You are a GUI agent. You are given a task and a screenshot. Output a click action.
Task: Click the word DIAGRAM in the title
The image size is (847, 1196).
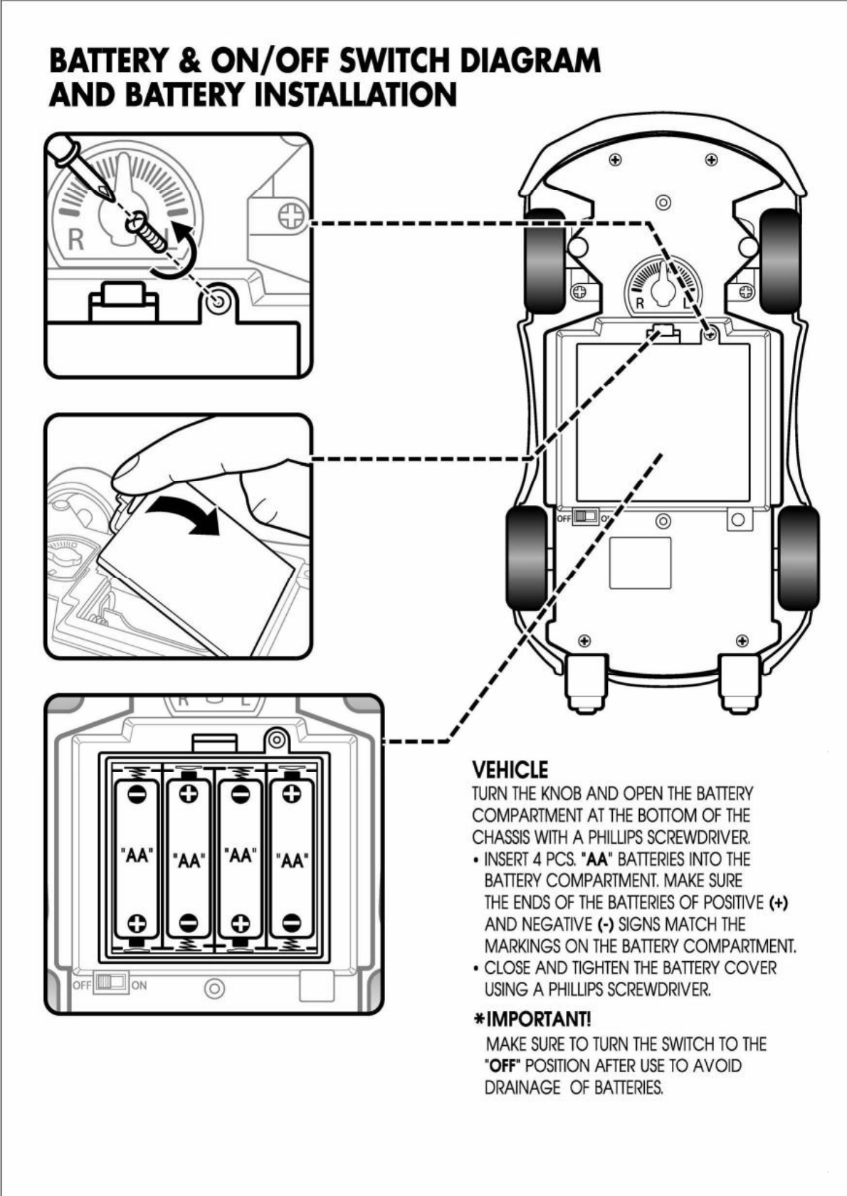click(530, 61)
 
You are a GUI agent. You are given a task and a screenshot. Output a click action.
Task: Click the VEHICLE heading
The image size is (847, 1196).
click(510, 770)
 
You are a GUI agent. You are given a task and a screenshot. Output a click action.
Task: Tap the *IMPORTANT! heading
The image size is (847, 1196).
click(532, 1019)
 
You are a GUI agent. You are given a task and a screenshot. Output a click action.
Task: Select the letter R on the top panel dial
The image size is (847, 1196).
click(76, 240)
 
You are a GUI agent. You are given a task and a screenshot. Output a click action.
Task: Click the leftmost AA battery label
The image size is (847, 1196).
click(137, 855)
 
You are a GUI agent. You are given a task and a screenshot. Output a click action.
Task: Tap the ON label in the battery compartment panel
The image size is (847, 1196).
click(140, 985)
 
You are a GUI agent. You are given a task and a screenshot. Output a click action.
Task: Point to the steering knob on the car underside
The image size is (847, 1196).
click(663, 285)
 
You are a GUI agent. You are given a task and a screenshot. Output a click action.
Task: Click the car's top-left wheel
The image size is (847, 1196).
click(544, 261)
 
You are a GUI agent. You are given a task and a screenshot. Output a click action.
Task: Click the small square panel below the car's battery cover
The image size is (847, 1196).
click(640, 563)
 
